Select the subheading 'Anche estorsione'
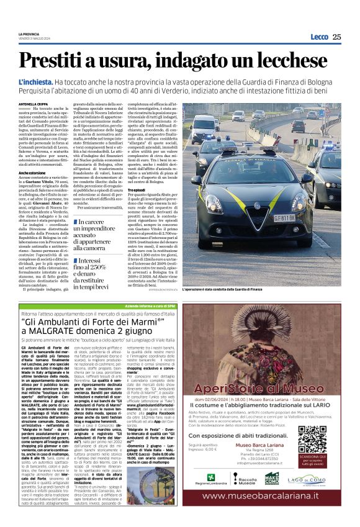click(32, 172)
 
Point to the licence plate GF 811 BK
click(302, 218)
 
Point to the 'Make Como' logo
click(271, 478)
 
